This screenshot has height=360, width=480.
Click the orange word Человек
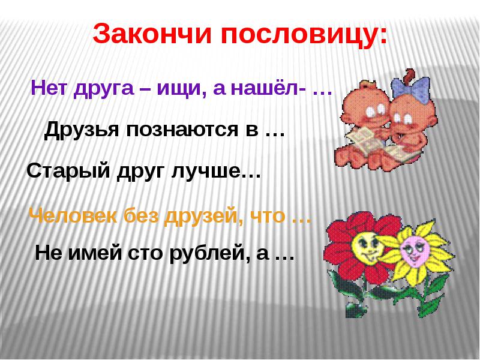(73, 217)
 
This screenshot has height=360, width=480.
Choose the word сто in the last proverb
(145, 254)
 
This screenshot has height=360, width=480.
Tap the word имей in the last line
(95, 254)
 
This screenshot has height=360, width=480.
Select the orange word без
(140, 217)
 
